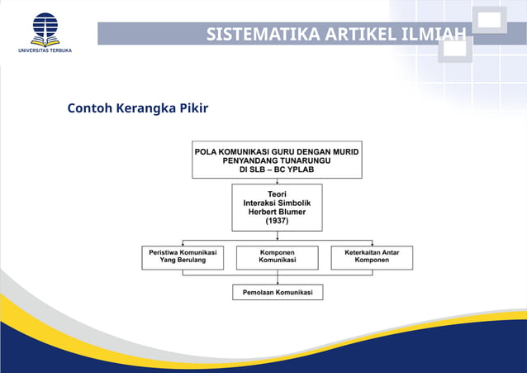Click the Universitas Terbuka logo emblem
point(45,28)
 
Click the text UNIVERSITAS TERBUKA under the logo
point(45,50)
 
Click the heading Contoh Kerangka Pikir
point(137,108)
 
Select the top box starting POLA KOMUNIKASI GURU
point(277,160)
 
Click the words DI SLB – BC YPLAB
point(277,170)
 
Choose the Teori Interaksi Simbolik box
point(277,208)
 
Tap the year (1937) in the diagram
point(277,221)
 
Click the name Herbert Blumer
point(277,212)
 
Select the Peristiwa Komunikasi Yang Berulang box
point(183,256)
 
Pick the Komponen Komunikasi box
point(277,256)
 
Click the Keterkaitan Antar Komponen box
point(372,256)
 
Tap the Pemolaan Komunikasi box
point(277,293)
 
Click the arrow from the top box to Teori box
point(277,180)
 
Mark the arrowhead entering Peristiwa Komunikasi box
point(183,243)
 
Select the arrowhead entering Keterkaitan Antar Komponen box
point(372,243)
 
